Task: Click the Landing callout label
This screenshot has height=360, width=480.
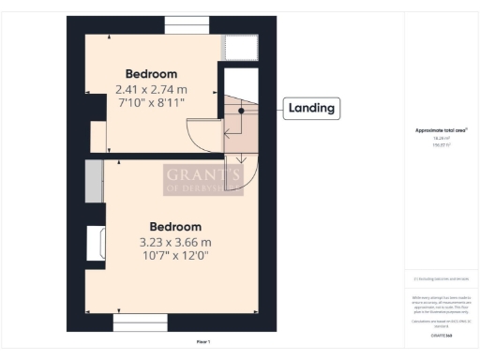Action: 310,109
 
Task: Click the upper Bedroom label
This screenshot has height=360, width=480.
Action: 151,73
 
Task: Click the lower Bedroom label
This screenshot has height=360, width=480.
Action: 175,227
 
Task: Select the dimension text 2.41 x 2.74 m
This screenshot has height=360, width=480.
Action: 150,89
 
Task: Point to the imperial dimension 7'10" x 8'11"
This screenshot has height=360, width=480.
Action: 150,102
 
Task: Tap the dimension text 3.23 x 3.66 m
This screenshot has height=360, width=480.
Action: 175,242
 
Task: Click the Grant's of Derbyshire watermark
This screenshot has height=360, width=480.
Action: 202,178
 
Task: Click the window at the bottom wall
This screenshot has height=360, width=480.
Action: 139,322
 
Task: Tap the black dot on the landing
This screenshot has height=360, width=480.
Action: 241,111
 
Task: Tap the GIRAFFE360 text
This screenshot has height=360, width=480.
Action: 441,335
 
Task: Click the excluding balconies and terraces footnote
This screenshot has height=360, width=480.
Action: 441,278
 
